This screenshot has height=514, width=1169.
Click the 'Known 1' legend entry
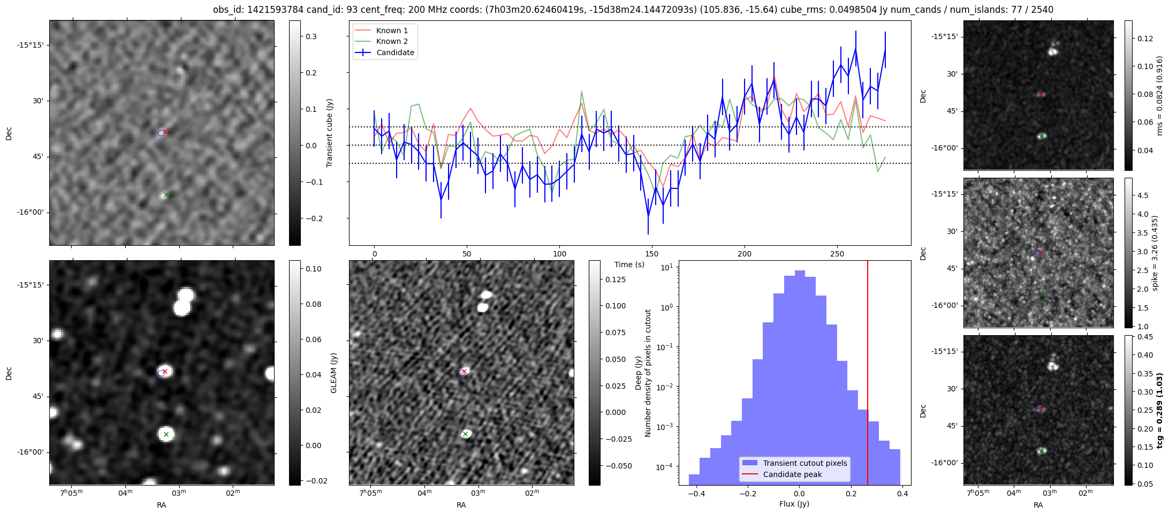point(392,31)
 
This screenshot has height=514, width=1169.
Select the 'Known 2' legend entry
point(392,41)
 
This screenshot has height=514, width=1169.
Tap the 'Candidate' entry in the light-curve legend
point(395,52)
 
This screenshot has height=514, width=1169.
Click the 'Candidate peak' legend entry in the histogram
point(792,474)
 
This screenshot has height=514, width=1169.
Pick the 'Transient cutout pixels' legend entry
point(805,463)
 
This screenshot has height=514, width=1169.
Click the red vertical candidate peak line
point(868,375)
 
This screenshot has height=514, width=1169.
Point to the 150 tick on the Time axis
point(652,254)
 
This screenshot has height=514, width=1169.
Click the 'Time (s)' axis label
point(629,264)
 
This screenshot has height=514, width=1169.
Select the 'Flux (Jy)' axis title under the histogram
point(794,504)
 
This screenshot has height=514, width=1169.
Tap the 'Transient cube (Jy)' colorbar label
point(330,133)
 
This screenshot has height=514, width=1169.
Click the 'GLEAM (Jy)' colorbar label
point(334,373)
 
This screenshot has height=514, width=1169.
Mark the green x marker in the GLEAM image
point(166,434)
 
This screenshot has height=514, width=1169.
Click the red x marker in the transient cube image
point(165,131)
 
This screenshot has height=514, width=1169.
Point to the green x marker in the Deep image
point(465,434)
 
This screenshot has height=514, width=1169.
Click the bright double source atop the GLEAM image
point(184,301)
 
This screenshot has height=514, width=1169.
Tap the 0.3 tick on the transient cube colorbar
point(311,36)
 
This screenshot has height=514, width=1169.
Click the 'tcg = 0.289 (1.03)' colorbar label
point(1160,410)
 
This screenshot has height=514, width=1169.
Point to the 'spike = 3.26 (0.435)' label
point(1155,253)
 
